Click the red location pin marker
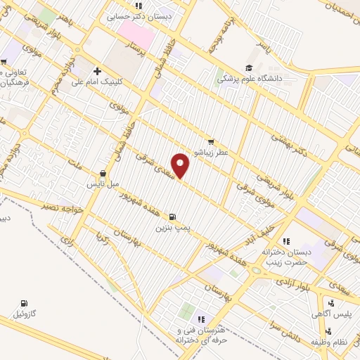tap(181, 165)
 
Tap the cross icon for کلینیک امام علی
tap(97, 71)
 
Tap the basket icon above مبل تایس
tap(103, 173)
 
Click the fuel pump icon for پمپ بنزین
tap(173, 217)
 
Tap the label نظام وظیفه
tap(341, 340)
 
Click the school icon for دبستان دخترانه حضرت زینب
tap(285, 241)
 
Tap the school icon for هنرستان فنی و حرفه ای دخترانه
tap(201, 320)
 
